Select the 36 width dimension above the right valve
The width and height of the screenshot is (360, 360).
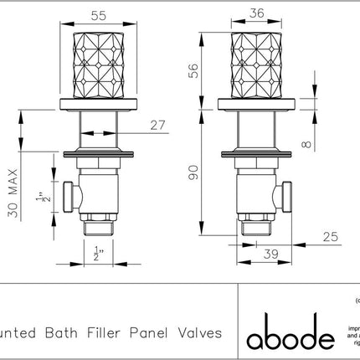click(257, 13)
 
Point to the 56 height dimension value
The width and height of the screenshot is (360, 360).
click(195, 73)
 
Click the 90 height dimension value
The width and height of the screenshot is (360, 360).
click(195, 172)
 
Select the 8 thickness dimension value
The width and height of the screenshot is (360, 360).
click(308, 143)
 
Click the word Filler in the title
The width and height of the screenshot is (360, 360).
click(119, 332)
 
